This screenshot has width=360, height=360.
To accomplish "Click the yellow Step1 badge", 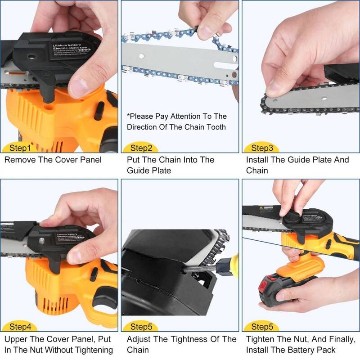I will (20, 148).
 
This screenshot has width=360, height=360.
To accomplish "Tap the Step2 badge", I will (141, 148).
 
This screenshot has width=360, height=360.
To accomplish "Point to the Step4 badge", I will (20, 327).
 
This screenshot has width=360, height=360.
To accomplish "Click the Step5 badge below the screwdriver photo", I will (141, 327).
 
